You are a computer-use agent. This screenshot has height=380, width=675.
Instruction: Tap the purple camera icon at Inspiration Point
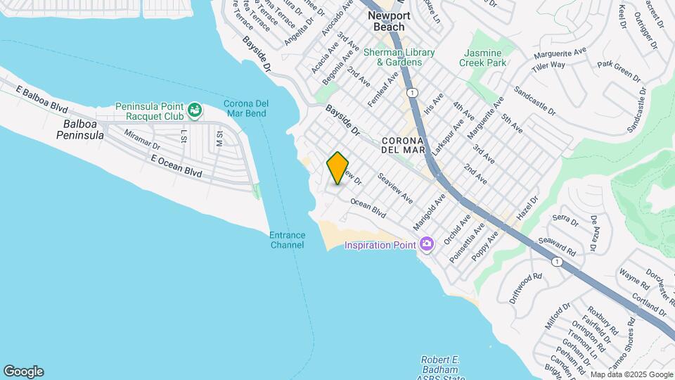coord(425,245)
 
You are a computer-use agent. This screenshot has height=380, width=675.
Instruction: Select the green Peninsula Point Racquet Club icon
coord(195,110)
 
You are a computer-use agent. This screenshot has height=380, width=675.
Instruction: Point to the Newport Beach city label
coord(389,21)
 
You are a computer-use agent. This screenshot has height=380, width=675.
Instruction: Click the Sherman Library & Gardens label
coord(399,57)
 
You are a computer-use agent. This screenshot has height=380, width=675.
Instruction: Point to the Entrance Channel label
coord(287,240)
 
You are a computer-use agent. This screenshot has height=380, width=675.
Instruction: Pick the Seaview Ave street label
coord(396,189)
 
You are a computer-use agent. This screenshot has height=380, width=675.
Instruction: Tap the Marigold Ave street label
coord(430,213)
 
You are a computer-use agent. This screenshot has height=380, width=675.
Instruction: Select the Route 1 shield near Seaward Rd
coord(557,262)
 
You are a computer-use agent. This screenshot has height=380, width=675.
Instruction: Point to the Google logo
coord(23,372)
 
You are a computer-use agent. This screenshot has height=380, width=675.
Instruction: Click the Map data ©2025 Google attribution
coord(631,374)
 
